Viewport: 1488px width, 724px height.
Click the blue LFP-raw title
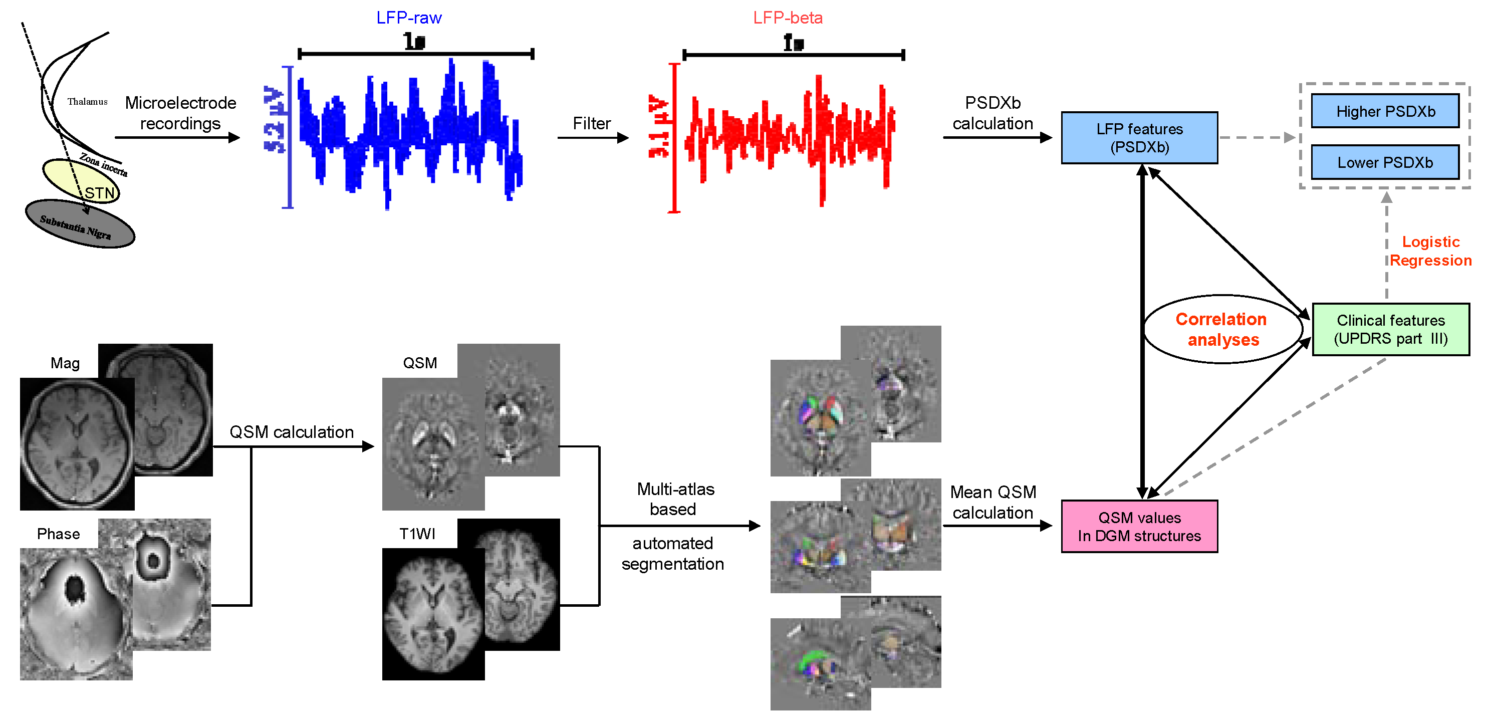(408, 18)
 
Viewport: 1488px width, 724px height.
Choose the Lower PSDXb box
(1385, 162)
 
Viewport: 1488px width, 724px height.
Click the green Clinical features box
(1390, 329)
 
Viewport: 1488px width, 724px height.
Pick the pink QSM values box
(1139, 527)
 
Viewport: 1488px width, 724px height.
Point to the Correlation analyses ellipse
(1222, 329)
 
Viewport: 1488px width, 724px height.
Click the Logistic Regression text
(1430, 251)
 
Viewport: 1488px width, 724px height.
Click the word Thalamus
(87, 102)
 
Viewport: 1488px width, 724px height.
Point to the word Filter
(592, 123)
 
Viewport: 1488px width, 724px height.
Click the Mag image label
(65, 363)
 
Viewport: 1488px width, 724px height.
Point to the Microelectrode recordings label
(180, 113)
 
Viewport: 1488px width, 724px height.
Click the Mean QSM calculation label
(993, 502)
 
